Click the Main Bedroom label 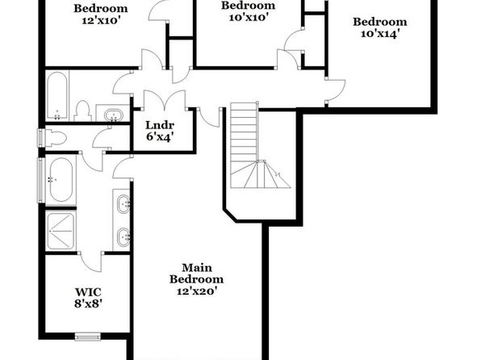click(x=196, y=274)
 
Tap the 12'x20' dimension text click(x=197, y=291)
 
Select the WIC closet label click(x=88, y=292)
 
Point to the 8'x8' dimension click(x=88, y=303)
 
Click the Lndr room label click(x=160, y=125)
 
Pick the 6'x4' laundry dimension click(x=160, y=137)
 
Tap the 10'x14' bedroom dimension click(x=380, y=33)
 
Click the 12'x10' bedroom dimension click(x=101, y=20)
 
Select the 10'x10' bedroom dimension click(x=249, y=17)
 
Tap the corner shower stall click(x=61, y=231)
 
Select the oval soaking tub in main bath click(x=61, y=179)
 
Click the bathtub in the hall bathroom click(x=57, y=96)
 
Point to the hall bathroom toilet click(x=83, y=111)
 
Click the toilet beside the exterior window click(x=55, y=138)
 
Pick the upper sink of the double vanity click(x=123, y=203)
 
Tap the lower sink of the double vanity click(x=123, y=237)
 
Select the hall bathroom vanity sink click(x=114, y=115)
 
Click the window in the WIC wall click(x=88, y=337)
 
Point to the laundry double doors click(x=165, y=100)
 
